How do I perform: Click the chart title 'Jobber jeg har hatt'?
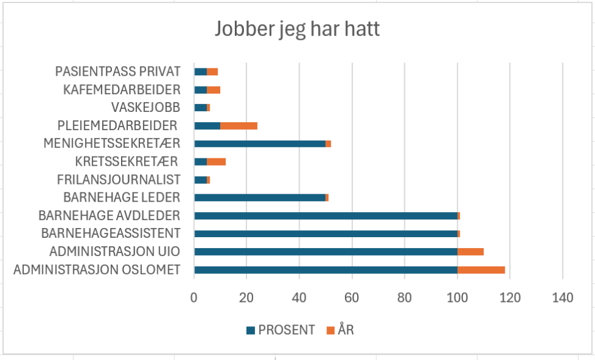tap(297, 29)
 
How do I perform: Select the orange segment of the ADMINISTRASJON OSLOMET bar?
tap(481, 270)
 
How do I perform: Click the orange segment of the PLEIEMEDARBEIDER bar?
tap(238, 126)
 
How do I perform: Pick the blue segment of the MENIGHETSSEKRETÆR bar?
tap(260, 144)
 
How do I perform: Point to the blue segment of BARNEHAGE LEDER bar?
tap(260, 197)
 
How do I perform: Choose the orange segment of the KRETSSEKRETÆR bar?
tap(216, 161)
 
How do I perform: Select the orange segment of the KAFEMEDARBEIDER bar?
tap(213, 90)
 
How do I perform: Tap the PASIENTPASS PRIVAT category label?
tap(118, 72)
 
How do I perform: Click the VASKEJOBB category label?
tap(146, 108)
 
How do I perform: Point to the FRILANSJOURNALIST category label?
tap(119, 180)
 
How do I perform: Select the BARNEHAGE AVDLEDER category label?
tap(109, 216)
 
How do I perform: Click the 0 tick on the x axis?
tap(194, 298)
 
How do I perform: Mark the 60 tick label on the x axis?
tap(352, 298)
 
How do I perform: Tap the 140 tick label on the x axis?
tap(562, 298)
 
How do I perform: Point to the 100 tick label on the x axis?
tap(457, 298)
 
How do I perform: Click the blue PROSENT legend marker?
tap(250, 331)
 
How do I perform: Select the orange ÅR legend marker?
tap(330, 331)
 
